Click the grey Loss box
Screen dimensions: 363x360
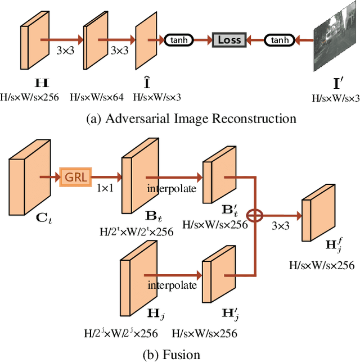229,40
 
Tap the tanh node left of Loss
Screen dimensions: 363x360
178,40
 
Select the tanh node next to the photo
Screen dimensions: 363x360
280,40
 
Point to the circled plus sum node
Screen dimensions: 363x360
256,215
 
